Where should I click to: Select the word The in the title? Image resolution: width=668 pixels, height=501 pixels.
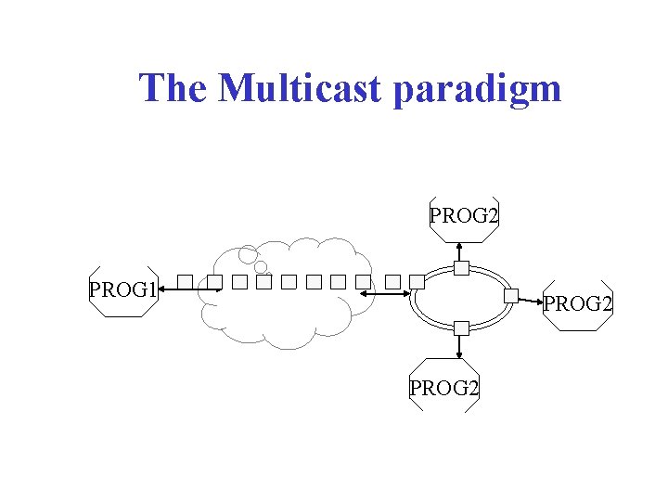tap(175, 89)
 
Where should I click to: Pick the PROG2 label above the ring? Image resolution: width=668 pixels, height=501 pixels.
tap(464, 216)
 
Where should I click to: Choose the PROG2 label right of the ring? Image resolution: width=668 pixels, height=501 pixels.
tap(577, 303)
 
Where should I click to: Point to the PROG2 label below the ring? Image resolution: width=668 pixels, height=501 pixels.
tap(444, 388)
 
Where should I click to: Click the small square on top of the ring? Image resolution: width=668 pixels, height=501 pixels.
tap(461, 269)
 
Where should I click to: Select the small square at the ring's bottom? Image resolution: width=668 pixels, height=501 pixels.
tap(461, 328)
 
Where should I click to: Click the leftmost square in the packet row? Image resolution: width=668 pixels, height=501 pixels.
tap(186, 281)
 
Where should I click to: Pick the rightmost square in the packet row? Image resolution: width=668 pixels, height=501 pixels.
tap(417, 281)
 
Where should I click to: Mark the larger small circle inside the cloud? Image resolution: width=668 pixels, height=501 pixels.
tap(248, 253)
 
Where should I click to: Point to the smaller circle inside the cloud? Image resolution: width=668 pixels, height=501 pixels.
tap(261, 267)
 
